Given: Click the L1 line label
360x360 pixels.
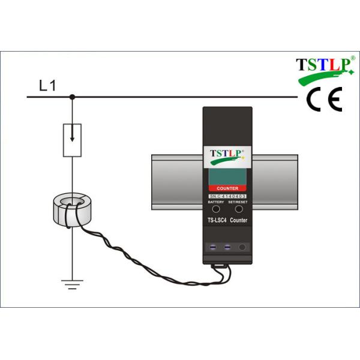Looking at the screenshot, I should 47,85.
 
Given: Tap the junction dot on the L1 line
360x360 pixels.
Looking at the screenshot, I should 72,97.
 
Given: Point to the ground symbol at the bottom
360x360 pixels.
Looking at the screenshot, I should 72,284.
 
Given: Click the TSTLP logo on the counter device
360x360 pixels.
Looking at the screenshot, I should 226,156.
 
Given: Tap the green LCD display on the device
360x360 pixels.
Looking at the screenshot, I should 227,177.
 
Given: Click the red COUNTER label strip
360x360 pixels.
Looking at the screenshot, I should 227,188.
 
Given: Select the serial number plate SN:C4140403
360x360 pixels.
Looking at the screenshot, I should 227,196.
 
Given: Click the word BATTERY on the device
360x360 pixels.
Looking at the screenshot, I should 215,203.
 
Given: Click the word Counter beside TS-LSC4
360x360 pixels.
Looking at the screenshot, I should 238,221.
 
